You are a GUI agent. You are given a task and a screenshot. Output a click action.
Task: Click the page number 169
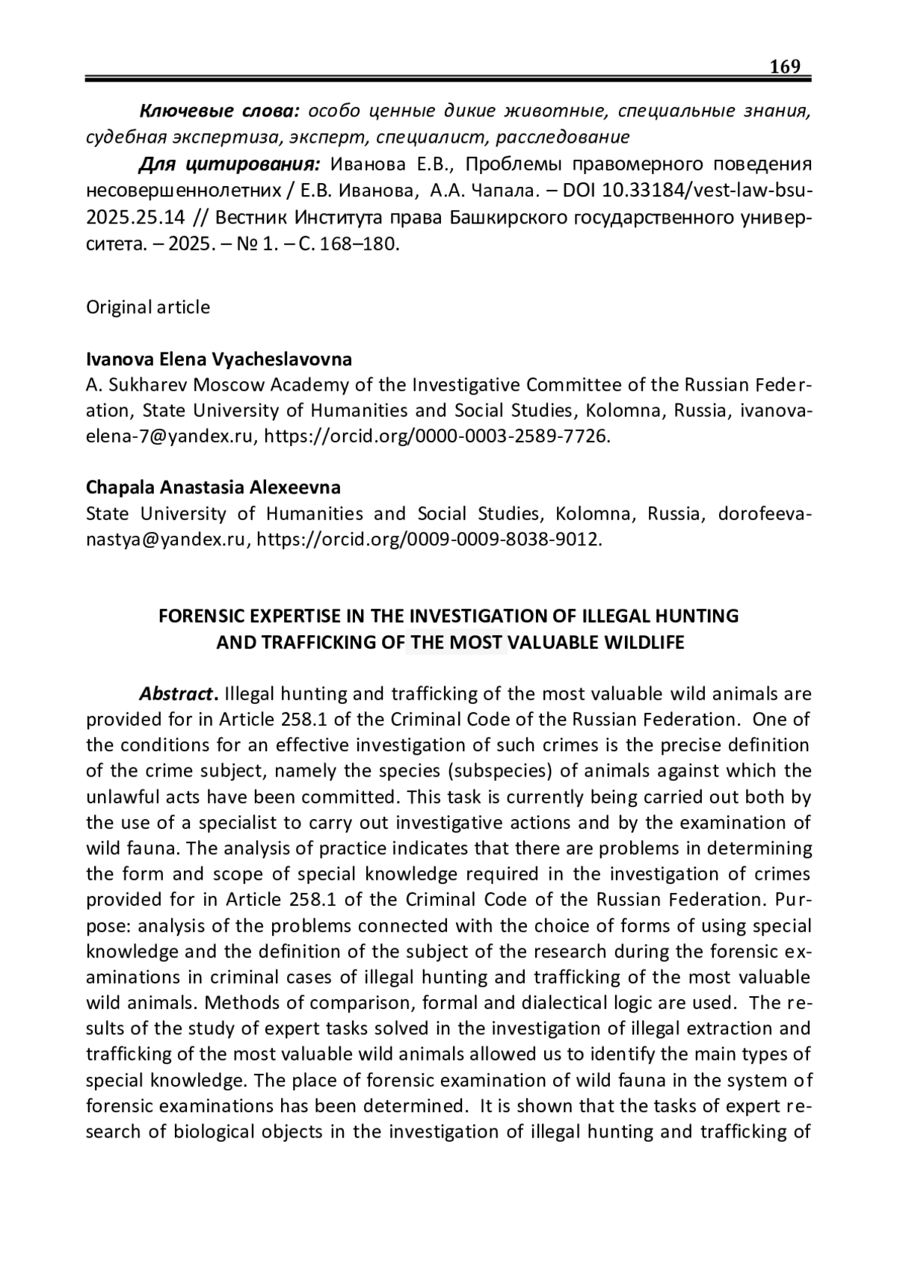[x=785, y=67]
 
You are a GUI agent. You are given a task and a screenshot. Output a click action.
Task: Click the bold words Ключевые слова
[x=220, y=111]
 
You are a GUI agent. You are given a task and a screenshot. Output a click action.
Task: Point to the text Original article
[x=148, y=307]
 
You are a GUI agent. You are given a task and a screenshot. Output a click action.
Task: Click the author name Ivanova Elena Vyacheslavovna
[x=219, y=359]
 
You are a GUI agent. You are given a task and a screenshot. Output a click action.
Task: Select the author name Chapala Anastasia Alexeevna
[x=213, y=487]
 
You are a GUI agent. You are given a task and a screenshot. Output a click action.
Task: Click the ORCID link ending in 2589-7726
[x=437, y=436]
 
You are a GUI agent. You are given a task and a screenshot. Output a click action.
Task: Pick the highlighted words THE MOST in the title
[x=456, y=642]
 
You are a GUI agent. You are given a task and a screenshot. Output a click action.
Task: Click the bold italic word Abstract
[x=176, y=694]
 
